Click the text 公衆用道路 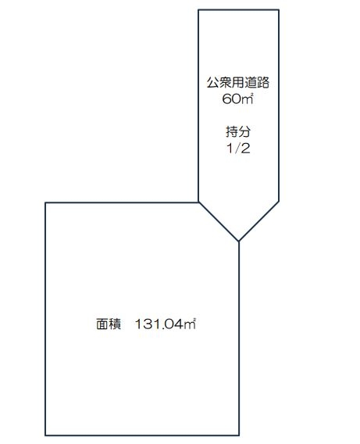[x=237, y=83]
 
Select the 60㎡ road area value [x=237, y=98]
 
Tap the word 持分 [x=238, y=131]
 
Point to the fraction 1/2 [x=238, y=148]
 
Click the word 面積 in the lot [x=109, y=324]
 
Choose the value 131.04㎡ [x=166, y=324]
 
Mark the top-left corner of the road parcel [x=198, y=10]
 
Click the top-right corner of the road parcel [x=279, y=10]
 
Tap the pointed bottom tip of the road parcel [x=239, y=242]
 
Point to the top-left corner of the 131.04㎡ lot [x=45, y=202]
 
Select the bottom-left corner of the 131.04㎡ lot [x=45, y=435]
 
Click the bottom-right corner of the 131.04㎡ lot [x=239, y=435]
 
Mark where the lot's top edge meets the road [x=199, y=202]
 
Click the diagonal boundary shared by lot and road [x=219, y=222]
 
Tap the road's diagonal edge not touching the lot [x=258, y=221]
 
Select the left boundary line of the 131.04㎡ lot [x=45, y=319]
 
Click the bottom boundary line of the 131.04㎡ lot [x=142, y=435]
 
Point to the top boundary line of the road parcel [x=239, y=10]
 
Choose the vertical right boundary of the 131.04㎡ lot [x=239, y=338]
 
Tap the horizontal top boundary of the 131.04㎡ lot [x=122, y=202]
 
